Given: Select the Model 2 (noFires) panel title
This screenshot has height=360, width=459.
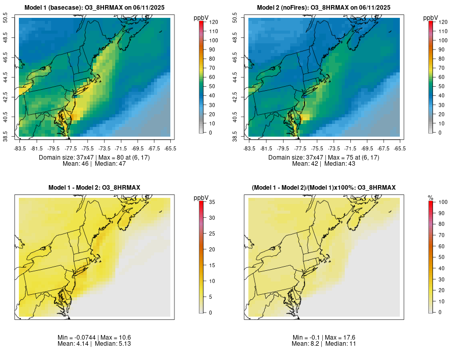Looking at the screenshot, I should [324, 8].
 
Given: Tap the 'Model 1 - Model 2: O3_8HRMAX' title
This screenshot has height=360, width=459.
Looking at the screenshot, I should [94, 188].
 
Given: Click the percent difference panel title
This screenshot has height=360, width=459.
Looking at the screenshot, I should [324, 188].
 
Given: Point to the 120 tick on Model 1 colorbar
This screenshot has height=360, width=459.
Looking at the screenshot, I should [213, 22].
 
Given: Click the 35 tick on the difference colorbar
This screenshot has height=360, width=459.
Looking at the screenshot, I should [212, 202].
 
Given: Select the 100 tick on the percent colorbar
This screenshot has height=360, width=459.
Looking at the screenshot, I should [443, 202].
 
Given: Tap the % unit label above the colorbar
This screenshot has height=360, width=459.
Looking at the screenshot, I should [430, 197].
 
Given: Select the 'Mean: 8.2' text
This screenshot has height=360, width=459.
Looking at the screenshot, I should [305, 344].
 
